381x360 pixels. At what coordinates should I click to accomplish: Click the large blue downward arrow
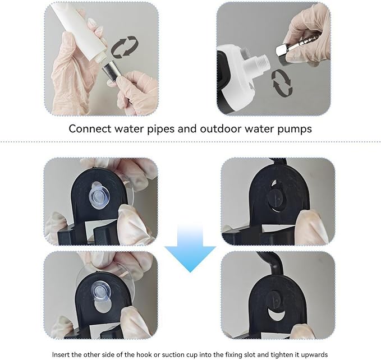click(190, 250)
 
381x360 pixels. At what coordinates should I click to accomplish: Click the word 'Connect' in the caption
click(90, 128)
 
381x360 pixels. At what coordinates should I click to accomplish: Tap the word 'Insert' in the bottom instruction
click(59, 354)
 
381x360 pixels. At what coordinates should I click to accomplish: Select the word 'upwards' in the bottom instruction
click(316, 355)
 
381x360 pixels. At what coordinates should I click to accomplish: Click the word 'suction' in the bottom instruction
click(177, 354)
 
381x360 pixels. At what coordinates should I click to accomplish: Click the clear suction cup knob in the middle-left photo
click(100, 195)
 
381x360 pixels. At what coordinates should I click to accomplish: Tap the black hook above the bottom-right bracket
click(272, 263)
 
